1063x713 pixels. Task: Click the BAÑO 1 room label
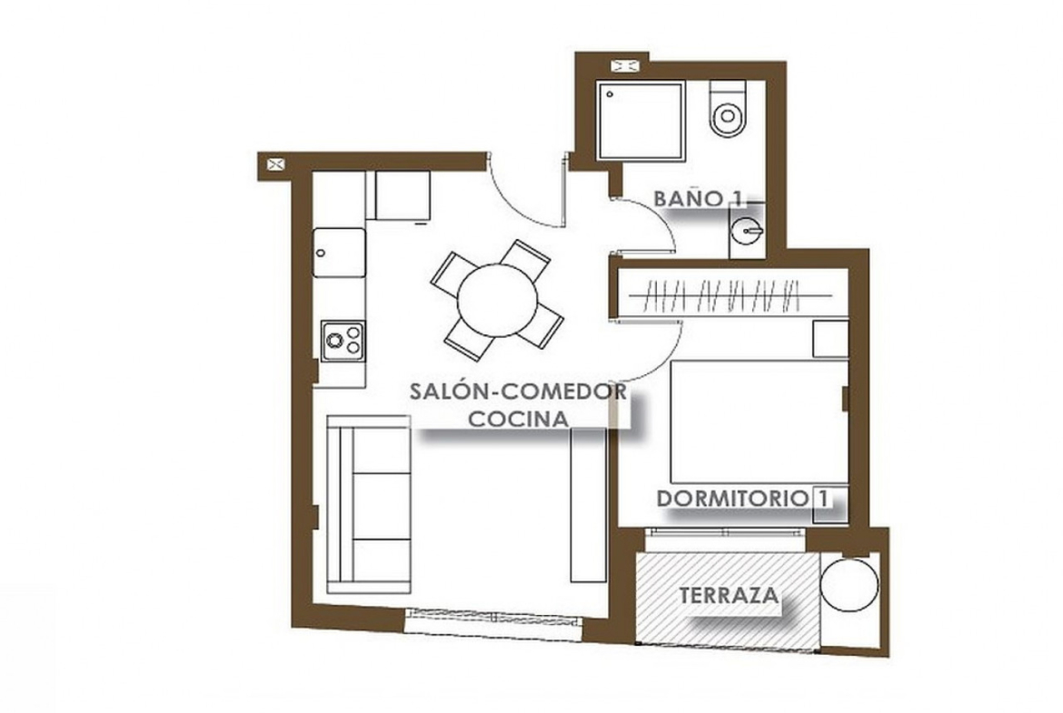(x=698, y=199)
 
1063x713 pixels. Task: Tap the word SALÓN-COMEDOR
(x=518, y=391)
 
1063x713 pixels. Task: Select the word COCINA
(x=519, y=419)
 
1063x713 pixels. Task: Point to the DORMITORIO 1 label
(x=742, y=498)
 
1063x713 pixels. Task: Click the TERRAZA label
(x=729, y=596)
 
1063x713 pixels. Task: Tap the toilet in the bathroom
(x=728, y=108)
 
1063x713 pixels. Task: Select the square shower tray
(x=640, y=122)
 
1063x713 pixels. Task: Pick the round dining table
(x=498, y=300)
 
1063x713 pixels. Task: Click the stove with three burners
(x=343, y=341)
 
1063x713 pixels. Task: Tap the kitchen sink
(x=339, y=253)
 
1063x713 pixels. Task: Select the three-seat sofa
(x=369, y=504)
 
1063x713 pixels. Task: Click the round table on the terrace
(x=849, y=584)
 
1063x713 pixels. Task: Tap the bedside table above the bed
(x=830, y=339)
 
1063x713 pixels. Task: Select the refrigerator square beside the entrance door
(x=402, y=195)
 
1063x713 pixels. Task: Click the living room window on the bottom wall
(x=492, y=624)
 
